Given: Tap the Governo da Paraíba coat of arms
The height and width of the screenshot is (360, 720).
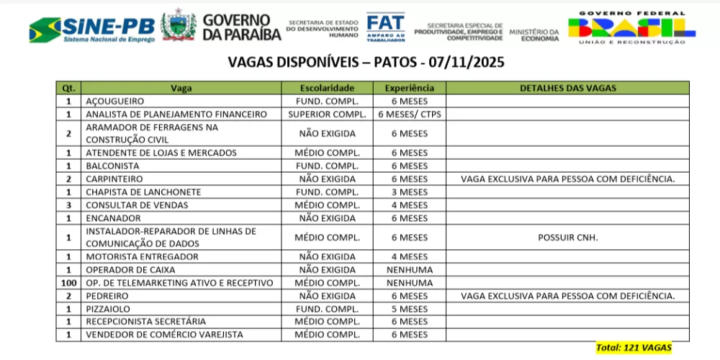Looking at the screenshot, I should click(x=179, y=27).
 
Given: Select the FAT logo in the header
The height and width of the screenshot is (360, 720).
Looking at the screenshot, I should click(x=385, y=27).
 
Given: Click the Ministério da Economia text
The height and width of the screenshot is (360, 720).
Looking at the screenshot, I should click(x=534, y=35).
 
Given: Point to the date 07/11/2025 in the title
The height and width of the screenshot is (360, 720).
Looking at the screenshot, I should click(x=467, y=63).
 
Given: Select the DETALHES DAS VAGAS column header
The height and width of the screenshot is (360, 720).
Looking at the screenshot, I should click(x=567, y=88).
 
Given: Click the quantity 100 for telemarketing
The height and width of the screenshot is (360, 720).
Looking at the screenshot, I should click(x=68, y=283).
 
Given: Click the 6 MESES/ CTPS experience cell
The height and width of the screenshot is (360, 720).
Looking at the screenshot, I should click(x=409, y=114).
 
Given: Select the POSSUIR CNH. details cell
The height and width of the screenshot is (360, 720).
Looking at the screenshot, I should click(x=567, y=238).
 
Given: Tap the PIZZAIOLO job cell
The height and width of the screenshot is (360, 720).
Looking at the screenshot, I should click(x=108, y=309).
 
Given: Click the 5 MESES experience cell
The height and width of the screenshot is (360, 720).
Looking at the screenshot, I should click(x=409, y=309).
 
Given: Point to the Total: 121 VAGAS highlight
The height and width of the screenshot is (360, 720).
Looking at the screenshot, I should click(x=634, y=348).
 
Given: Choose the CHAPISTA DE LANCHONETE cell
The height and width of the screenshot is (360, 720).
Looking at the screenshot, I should click(x=133, y=192).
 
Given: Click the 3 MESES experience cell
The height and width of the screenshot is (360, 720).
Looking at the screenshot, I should click(x=409, y=192).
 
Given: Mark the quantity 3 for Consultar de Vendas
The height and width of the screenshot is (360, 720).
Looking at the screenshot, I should click(x=68, y=205).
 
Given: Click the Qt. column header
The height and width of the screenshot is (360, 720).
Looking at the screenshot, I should click(x=68, y=88).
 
